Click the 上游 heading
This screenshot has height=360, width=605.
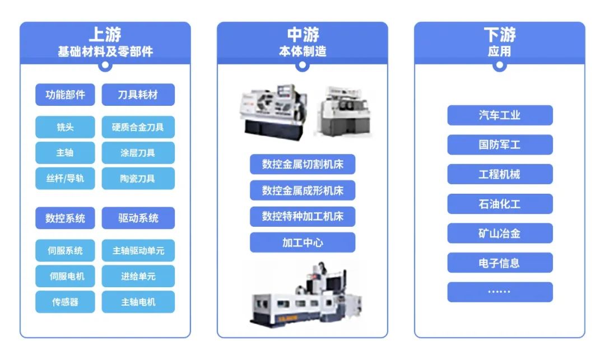point(105,34)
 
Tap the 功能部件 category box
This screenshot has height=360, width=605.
point(65,95)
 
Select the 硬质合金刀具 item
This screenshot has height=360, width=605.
point(138,127)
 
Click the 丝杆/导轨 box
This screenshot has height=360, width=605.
point(65,179)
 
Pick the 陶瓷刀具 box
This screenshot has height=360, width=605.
point(138,179)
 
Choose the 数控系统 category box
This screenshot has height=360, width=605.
point(65,218)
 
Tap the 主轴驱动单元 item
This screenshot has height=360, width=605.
point(138,250)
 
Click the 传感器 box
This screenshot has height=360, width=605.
point(65,302)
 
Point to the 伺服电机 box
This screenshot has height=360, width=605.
point(65,276)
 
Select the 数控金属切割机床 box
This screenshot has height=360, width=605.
point(302,164)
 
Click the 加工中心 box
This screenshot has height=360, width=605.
point(302,242)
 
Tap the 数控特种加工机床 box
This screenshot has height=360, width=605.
point(302,216)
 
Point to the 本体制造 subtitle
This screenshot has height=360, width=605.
point(302,52)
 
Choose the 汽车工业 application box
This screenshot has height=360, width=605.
point(500,115)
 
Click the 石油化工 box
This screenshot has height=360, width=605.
point(500,204)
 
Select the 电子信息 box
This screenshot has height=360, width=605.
point(500,263)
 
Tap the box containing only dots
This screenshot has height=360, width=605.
point(500,292)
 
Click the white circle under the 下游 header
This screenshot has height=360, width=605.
point(500,65)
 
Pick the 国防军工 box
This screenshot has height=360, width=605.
point(500,144)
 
